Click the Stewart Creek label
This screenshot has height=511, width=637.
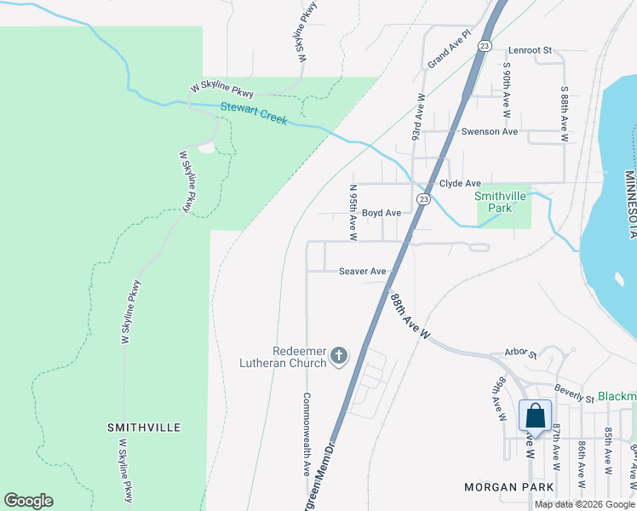tap(254, 113)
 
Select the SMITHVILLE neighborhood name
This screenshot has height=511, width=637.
tap(144, 426)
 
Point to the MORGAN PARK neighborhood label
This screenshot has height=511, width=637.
tap(509, 487)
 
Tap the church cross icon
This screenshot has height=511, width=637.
tap(339, 355)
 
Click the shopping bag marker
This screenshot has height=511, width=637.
tap(535, 416)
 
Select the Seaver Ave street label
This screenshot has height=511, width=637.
tap(363, 272)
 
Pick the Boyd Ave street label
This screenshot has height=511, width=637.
tap(381, 213)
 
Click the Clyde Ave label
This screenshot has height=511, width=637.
tap(460, 184)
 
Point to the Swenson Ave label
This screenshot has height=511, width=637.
tap(489, 132)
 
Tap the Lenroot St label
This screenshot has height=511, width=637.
tap(531, 51)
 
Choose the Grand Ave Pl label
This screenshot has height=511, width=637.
tap(449, 51)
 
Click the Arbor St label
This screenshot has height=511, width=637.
tap(520, 353)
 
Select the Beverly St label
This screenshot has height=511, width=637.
tap(572, 393)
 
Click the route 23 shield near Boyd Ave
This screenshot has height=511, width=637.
tap(423, 198)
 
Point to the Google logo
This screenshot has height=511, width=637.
tap(28, 501)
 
